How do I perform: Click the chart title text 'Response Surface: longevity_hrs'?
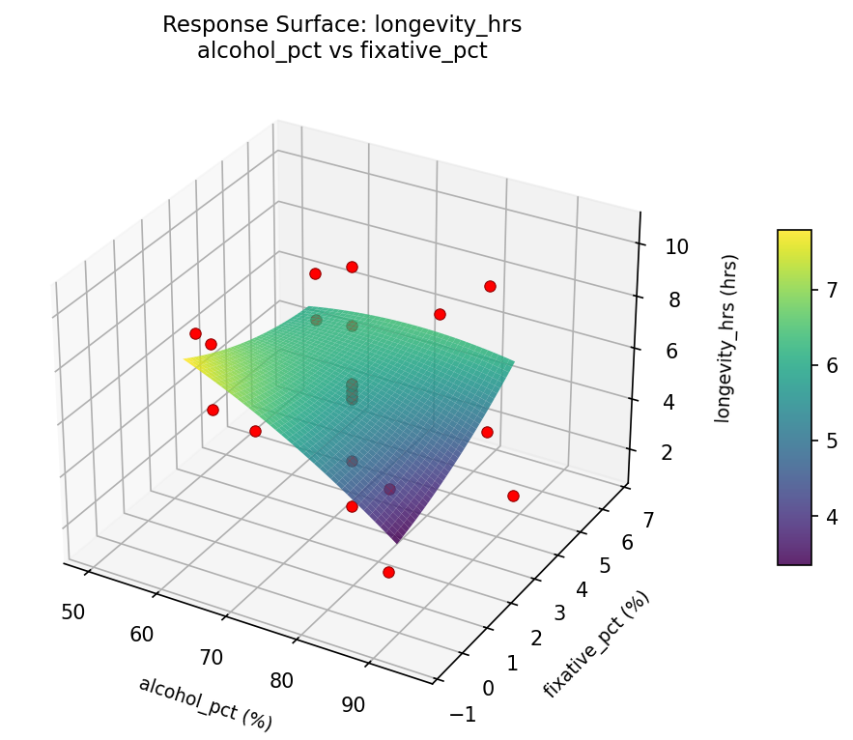(342, 24)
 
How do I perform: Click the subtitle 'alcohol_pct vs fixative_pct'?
(342, 51)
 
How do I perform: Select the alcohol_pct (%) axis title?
(205, 703)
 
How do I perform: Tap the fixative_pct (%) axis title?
(596, 643)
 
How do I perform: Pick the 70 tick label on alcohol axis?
(212, 658)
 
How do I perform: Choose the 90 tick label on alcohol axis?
(354, 704)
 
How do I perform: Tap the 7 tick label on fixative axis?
(648, 521)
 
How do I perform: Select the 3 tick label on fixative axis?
(554, 612)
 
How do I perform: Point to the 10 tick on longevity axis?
(677, 246)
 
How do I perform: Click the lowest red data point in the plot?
(388, 573)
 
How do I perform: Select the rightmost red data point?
(513, 496)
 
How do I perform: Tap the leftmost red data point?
(195, 333)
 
